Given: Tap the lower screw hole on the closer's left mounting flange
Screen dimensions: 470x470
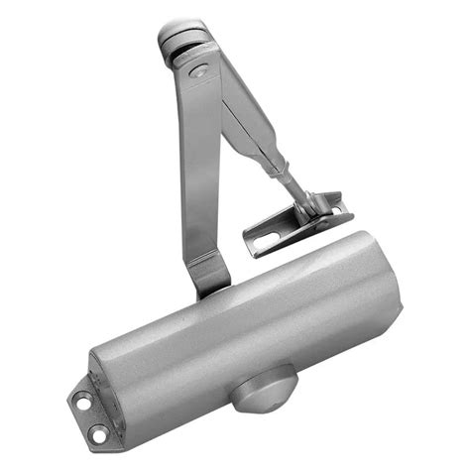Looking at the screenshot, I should tap(99, 432).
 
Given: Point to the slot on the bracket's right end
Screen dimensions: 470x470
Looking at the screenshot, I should tap(338, 209).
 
